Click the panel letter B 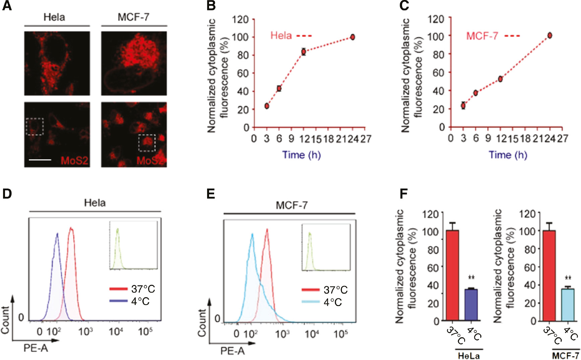pyautogui.click(x=211, y=6)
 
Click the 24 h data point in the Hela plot pyautogui.click(x=352, y=37)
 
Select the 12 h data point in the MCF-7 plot pyautogui.click(x=500, y=79)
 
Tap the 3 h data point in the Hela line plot pyautogui.click(x=267, y=106)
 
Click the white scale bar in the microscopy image pyautogui.click(x=40, y=160)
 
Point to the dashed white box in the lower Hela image pyautogui.click(x=35, y=126)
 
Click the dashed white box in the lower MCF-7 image pyautogui.click(x=147, y=143)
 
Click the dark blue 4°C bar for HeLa pyautogui.click(x=471, y=305)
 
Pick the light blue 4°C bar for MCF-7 pyautogui.click(x=568, y=304)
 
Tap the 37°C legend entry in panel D pyautogui.click(x=133, y=289)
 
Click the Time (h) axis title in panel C pyautogui.click(x=508, y=155)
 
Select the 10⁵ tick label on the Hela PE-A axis pyautogui.click(x=145, y=332)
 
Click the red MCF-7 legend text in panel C pyautogui.click(x=482, y=36)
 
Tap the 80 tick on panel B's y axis pyautogui.click(x=243, y=55)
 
